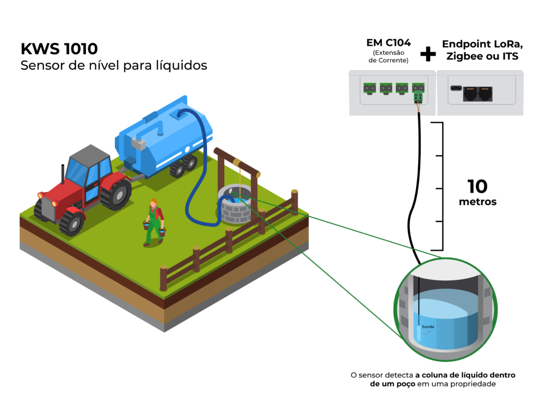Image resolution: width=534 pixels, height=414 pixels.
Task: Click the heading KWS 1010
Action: (59, 49)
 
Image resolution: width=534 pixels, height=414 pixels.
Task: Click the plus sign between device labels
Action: (428, 53)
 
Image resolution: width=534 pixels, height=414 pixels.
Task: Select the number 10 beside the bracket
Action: (478, 186)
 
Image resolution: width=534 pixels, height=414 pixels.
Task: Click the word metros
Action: (478, 202)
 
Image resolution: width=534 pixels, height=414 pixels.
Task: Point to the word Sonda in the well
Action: (428, 327)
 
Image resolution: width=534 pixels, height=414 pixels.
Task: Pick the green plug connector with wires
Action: (418, 97)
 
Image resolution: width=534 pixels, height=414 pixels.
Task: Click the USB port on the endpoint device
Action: (454, 88)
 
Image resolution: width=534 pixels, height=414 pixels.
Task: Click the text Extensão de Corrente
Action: (389, 56)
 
